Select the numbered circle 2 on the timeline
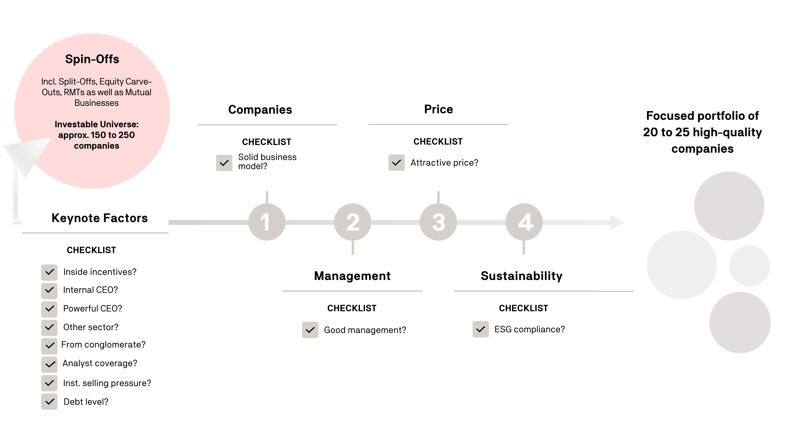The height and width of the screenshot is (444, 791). (353, 222)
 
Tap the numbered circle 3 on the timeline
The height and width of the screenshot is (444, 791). (438, 222)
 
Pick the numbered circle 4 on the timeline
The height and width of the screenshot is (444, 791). (524, 222)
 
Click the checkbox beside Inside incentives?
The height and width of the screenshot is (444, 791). (49, 272)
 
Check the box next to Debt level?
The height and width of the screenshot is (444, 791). (49, 402)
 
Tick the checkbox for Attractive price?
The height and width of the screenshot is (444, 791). (396, 162)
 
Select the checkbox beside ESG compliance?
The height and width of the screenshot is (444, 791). (481, 329)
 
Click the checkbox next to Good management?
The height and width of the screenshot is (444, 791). (310, 330)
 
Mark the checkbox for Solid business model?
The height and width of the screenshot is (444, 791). (224, 163)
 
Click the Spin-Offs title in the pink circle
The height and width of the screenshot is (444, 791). (92, 59)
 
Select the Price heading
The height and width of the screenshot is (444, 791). (438, 109)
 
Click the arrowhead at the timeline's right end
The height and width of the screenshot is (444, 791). (617, 222)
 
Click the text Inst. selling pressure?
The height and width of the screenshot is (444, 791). (107, 383)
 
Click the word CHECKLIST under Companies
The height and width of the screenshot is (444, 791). (267, 142)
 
